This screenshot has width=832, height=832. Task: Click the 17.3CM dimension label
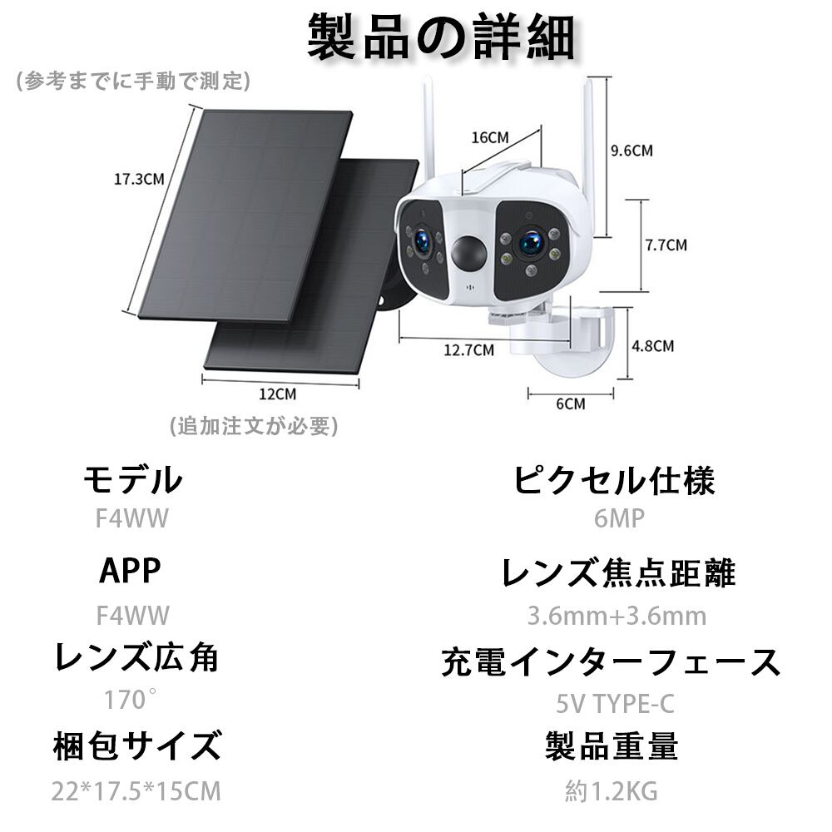139,180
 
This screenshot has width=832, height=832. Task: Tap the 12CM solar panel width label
278,394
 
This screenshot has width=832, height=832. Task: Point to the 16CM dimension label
490,137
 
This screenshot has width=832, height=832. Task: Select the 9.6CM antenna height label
631,151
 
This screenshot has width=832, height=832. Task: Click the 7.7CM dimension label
666,245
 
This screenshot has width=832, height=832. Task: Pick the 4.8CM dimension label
652,346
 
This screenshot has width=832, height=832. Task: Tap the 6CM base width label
571,404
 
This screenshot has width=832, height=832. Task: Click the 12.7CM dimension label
468,350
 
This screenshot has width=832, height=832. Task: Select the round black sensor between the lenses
468,253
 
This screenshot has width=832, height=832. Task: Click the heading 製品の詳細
442,37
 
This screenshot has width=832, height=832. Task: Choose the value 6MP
619,518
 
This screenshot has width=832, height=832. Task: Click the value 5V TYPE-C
615,704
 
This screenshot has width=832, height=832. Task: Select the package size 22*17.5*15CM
136,791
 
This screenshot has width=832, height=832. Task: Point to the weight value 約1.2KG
612,791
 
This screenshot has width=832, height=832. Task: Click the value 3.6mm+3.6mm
617,616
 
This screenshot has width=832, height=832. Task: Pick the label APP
130,571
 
